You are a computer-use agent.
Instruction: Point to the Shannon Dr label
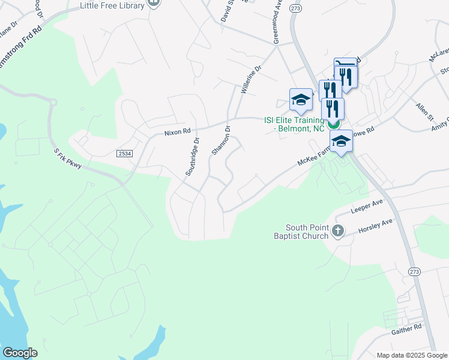(220, 140)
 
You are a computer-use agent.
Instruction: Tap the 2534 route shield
(124, 154)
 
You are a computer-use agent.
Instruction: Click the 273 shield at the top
(295, 8)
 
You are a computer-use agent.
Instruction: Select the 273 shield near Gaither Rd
(414, 272)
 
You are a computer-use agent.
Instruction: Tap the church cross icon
(338, 230)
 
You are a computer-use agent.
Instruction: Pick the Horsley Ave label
(375, 226)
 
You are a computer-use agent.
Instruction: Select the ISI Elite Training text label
(294, 124)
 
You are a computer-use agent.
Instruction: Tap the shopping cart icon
(345, 63)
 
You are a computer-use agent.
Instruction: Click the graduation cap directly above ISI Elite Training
(301, 99)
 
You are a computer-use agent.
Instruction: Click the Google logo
(19, 353)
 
